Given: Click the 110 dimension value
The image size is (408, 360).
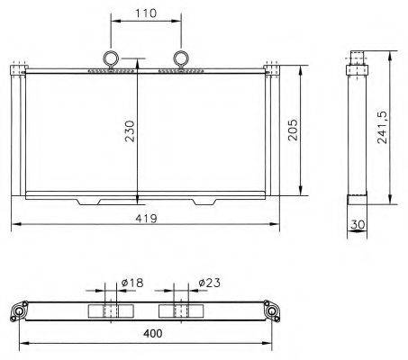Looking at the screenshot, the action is click(146, 13).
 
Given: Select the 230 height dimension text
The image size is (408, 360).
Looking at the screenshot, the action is click(130, 131).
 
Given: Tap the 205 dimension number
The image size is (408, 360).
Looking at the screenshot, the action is click(293, 130).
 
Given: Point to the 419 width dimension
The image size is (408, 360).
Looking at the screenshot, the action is click(146, 219).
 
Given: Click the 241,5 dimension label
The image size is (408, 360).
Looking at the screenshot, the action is click(382, 128).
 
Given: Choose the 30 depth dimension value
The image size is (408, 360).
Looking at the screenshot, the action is click(358, 224).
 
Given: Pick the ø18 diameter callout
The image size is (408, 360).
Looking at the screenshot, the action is click(132, 283).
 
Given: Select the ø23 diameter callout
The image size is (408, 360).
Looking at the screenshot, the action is click(209, 283).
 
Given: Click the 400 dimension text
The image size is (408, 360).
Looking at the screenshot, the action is click(153, 333).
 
